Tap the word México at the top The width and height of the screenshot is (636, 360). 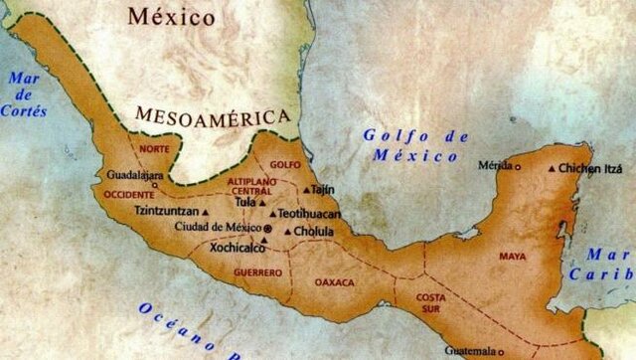[x=172, y=17]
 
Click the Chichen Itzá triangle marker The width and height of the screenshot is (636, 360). [x=553, y=169]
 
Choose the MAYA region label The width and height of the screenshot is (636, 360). [x=513, y=257]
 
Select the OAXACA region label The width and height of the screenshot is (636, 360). [x=334, y=282]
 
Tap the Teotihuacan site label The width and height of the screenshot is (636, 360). [x=310, y=213]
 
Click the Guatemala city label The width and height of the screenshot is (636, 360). [x=469, y=350]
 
